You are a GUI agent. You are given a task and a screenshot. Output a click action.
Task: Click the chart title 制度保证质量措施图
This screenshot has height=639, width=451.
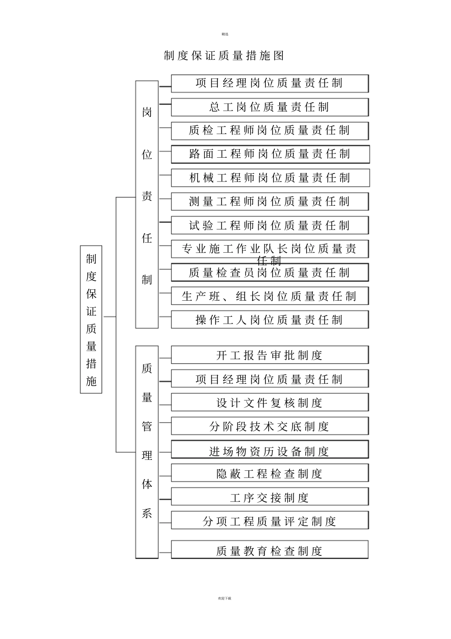pyautogui.click(x=224, y=56)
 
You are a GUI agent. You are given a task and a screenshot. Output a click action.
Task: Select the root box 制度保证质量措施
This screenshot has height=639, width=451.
pyautogui.click(x=91, y=319)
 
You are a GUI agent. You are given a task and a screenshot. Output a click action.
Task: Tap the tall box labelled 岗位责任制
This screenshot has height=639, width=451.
pyautogui.click(x=147, y=204)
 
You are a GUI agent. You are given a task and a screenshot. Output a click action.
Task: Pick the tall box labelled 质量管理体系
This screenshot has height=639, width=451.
pyautogui.click(x=147, y=451)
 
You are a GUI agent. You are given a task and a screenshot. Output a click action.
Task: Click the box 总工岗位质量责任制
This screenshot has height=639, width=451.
pyautogui.click(x=270, y=107)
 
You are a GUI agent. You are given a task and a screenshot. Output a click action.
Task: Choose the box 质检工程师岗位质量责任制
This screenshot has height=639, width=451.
pyautogui.click(x=270, y=131)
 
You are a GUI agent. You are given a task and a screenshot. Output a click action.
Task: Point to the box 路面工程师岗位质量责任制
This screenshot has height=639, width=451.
pyautogui.click(x=270, y=154)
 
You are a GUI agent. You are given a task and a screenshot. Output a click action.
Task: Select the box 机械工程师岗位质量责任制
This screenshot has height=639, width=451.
pyautogui.click(x=270, y=178)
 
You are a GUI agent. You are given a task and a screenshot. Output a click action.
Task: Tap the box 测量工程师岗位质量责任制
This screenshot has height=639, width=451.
pyautogui.click(x=270, y=202)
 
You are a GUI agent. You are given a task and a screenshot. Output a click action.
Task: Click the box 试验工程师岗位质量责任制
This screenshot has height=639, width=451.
pyautogui.click(x=270, y=226)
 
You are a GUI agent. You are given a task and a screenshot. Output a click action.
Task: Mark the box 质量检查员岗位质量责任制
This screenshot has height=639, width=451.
pyautogui.click(x=270, y=273)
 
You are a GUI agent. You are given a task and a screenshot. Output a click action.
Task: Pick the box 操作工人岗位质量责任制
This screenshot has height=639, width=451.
pyautogui.click(x=270, y=320)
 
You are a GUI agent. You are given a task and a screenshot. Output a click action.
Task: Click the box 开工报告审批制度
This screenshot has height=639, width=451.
pyautogui.click(x=270, y=355)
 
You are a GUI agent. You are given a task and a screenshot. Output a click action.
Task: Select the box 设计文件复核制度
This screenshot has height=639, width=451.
pyautogui.click(x=270, y=403)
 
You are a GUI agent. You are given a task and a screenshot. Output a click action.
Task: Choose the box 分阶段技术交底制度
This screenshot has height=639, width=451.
pyautogui.click(x=270, y=427)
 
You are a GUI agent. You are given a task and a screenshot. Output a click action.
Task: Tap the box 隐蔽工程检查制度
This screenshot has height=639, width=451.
pyautogui.click(x=270, y=474)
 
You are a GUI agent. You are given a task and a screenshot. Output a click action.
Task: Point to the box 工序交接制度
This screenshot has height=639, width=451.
pyautogui.click(x=270, y=497)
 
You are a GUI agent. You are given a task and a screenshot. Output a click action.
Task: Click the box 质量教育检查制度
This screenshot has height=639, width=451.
pyautogui.click(x=270, y=550)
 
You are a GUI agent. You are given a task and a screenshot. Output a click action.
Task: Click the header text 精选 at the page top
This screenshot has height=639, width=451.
pyautogui.click(x=225, y=34)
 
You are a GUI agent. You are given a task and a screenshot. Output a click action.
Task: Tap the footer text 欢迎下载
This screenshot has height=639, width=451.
pyautogui.click(x=225, y=598)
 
